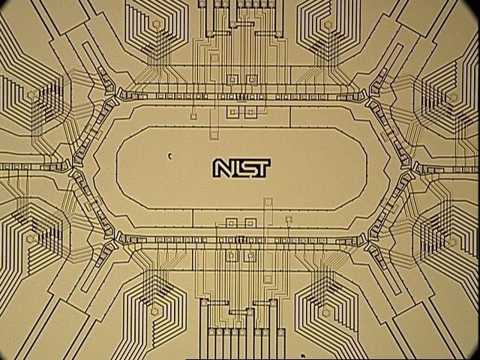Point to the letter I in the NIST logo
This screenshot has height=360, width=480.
point(236,169)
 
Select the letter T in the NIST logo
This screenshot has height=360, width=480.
point(262,168)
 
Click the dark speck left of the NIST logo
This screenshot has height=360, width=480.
point(169,156)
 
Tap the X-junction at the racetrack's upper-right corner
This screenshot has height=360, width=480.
point(367,94)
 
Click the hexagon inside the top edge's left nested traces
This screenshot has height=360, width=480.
point(156,24)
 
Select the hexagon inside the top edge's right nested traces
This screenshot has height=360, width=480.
point(327,24)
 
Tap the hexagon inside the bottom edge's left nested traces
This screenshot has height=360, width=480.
point(156,310)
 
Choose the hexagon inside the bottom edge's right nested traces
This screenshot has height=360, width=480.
point(327,310)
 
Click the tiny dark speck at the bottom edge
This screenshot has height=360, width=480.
point(301,355)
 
